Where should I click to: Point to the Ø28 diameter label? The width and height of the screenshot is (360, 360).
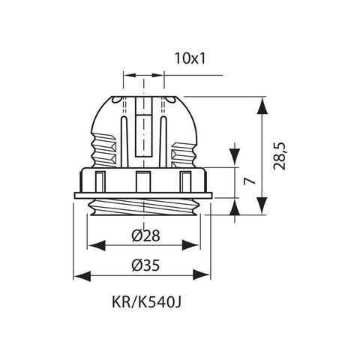[143, 235]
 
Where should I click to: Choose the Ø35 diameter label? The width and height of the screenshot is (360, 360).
[143, 265]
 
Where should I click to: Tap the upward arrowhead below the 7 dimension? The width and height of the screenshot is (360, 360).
[235, 208]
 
